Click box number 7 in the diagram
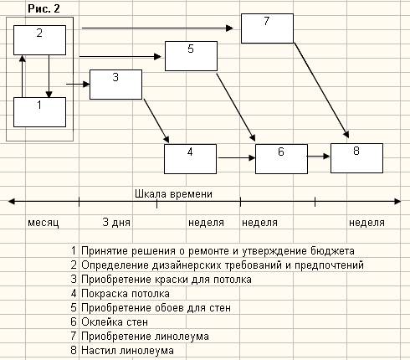(267, 28)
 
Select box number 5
(191, 56)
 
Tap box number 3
(115, 85)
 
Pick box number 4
(190, 159)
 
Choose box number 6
(281, 159)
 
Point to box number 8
(356, 158)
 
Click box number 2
(40, 40)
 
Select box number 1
(40, 112)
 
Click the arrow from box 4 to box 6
(237, 158)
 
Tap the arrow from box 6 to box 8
(319, 157)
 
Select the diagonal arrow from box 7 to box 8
(322, 90)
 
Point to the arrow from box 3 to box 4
(156, 121)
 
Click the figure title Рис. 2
(44, 8)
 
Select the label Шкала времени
(173, 194)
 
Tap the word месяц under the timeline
(44, 223)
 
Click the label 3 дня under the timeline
(116, 223)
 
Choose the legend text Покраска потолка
(126, 294)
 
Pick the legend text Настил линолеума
(127, 351)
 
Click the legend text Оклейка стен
(115, 322)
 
